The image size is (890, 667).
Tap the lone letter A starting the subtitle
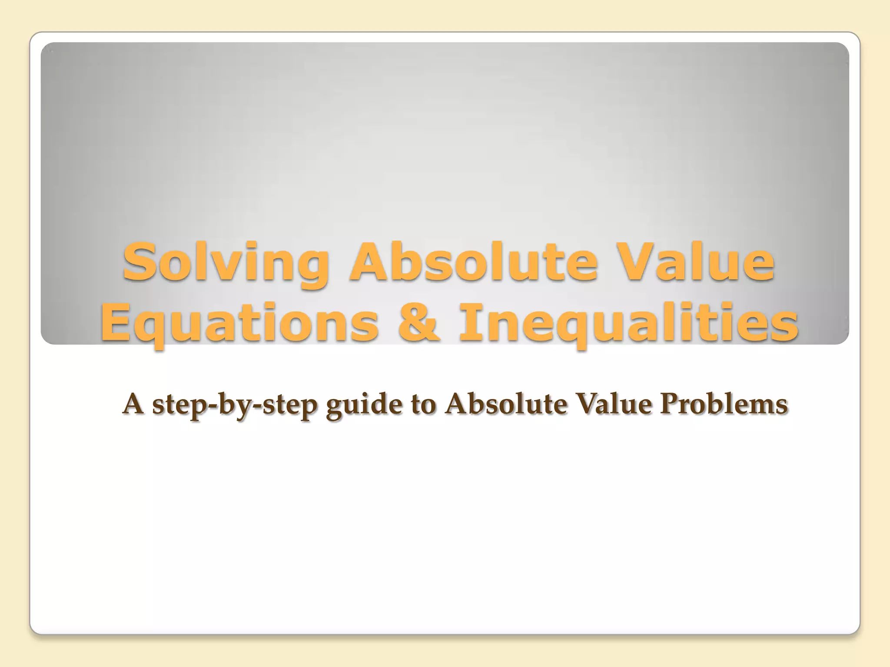pos(133,404)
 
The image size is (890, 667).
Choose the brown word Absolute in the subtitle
pos(506,404)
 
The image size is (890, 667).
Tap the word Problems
pos(724,404)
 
